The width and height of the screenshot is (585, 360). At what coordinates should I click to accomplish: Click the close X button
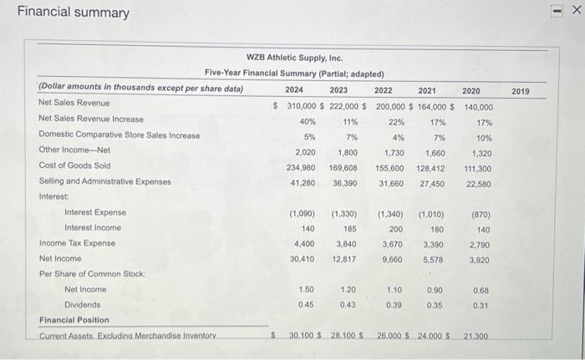(x=574, y=11)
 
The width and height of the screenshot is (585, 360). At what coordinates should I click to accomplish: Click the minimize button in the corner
(x=554, y=11)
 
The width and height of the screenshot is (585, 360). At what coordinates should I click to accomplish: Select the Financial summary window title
(x=74, y=13)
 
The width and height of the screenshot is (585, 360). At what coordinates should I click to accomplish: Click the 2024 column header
(x=294, y=89)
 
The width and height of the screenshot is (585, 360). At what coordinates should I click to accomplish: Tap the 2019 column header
(x=519, y=89)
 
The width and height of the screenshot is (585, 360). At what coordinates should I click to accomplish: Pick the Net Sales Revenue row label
(x=74, y=104)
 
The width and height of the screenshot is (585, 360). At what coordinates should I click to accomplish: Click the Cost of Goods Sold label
(x=74, y=165)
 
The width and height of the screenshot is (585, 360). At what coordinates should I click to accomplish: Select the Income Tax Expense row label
(x=78, y=243)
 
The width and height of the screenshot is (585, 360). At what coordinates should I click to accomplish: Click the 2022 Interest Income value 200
(x=396, y=228)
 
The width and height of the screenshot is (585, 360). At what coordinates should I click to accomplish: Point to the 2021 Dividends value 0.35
(x=435, y=305)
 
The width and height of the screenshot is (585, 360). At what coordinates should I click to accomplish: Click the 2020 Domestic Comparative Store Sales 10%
(x=484, y=135)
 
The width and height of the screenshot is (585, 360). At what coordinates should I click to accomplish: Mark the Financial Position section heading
(x=74, y=321)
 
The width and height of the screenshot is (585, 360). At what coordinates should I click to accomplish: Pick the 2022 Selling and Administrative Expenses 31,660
(x=389, y=181)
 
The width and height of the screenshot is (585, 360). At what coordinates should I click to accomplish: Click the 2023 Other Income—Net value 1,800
(x=348, y=150)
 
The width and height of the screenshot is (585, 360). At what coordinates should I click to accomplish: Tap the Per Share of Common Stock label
(x=92, y=274)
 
